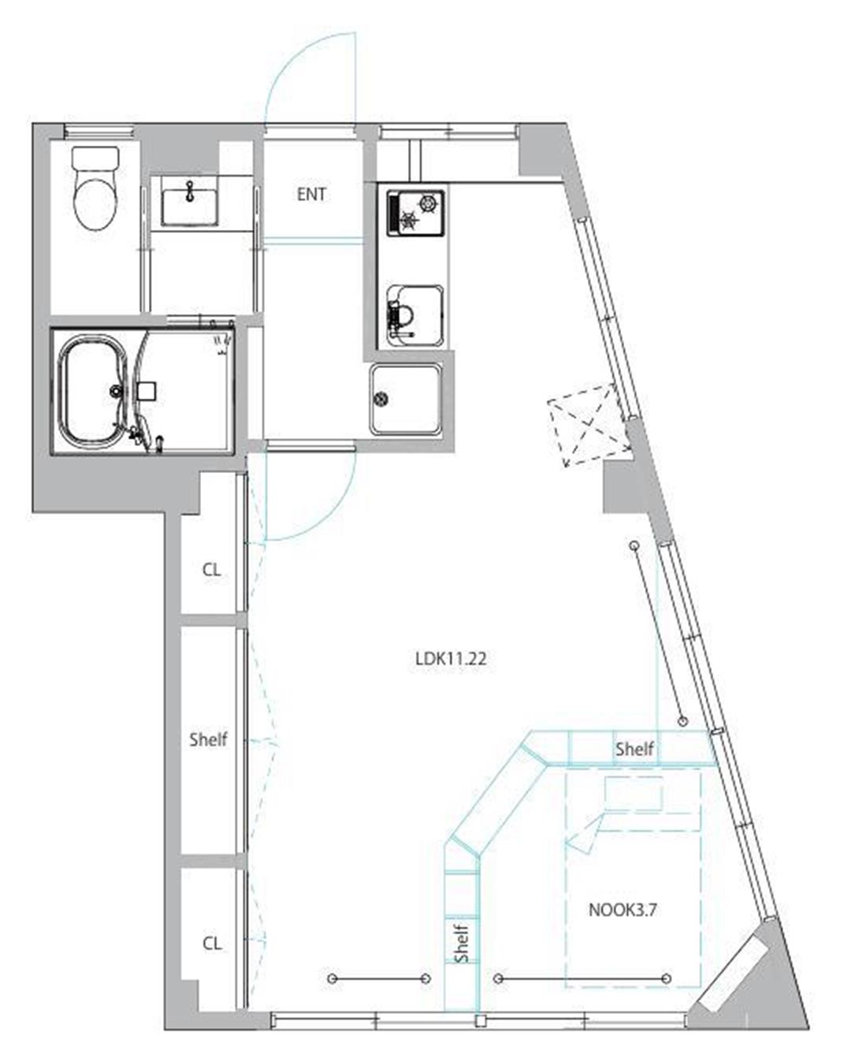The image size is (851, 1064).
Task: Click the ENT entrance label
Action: (311, 195)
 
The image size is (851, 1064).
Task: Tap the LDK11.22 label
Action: (451, 659)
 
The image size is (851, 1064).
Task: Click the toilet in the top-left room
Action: (96, 189)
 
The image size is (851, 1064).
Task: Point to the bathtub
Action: (93, 389)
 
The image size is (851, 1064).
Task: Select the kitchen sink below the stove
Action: (414, 316)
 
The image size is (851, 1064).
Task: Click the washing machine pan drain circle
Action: (382, 399)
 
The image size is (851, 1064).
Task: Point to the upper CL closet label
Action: (212, 570)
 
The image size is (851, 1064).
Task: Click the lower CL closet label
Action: (212, 943)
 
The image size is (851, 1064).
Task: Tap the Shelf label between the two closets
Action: (208, 739)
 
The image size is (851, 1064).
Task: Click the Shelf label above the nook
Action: (634, 749)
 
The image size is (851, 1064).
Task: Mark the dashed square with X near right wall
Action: (589, 425)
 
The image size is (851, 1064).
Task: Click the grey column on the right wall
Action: (624, 486)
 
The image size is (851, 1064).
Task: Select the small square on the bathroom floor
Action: (147, 391)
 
